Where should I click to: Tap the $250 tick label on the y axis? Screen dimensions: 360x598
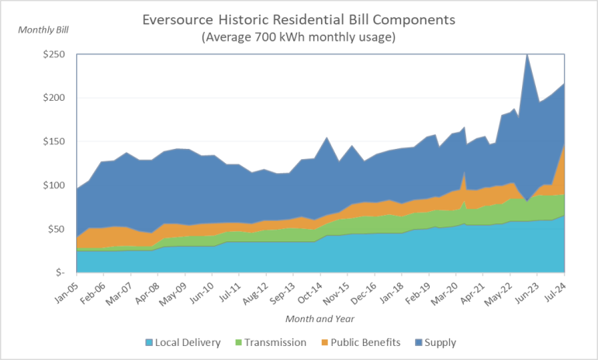tap(54, 55)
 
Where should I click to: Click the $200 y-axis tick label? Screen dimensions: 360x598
tap(54, 99)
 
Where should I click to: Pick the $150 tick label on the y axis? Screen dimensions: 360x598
tap(54, 142)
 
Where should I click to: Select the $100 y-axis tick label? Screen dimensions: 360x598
tap(54, 185)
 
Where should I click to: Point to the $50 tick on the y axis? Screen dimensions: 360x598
tap(57, 229)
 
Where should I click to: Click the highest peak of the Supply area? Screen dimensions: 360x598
tap(527, 55)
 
